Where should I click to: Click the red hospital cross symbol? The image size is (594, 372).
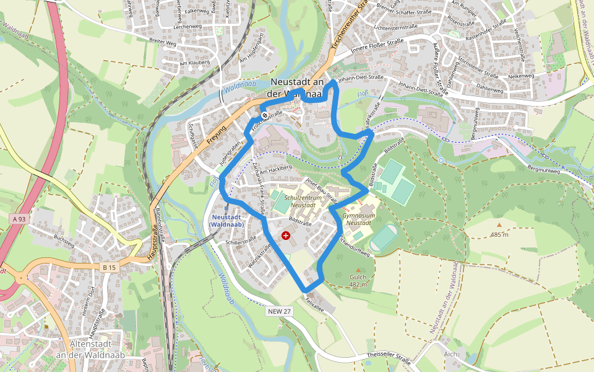[x=285, y=236]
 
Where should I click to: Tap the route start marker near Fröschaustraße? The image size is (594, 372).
[x=264, y=115]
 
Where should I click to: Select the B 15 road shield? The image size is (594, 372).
[x=110, y=267]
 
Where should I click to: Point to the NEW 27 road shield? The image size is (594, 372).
[x=280, y=311]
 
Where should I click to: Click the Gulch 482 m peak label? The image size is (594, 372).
[x=358, y=281]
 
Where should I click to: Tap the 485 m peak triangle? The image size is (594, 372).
[x=499, y=225]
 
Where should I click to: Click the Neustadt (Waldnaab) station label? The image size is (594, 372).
[x=226, y=221]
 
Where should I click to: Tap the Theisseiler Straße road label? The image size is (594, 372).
[x=389, y=356]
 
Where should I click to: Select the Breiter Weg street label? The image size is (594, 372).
[x=163, y=43]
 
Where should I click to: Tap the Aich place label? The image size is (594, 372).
[x=450, y=354]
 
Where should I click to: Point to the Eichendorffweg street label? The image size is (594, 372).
[x=354, y=246]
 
